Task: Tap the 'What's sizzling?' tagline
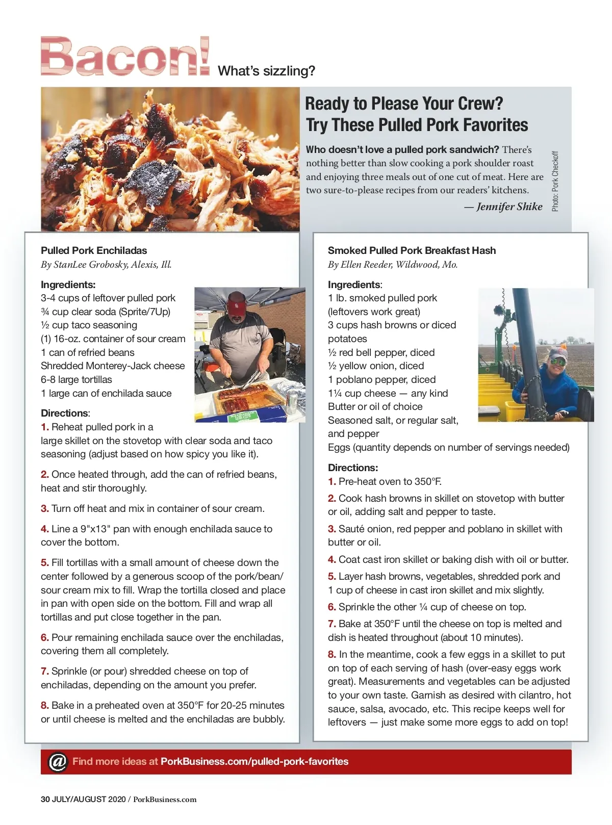tap(266, 71)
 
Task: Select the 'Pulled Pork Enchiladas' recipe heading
tap(94, 250)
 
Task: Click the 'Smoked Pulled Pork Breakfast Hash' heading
tap(412, 250)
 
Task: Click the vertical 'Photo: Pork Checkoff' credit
tap(555, 181)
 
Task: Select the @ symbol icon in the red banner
tap(58, 762)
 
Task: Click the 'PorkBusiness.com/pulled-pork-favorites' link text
tap(254, 761)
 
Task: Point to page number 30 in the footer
tap(45, 799)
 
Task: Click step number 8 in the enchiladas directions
tap(45, 705)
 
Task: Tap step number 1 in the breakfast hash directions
tap(332, 481)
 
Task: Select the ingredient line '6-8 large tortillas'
tap(76, 379)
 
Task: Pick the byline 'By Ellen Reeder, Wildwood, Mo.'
tap(393, 264)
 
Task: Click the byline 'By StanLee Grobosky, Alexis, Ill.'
tap(106, 264)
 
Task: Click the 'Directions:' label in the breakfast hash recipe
tap(353, 468)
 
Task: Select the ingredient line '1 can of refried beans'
tap(88, 352)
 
